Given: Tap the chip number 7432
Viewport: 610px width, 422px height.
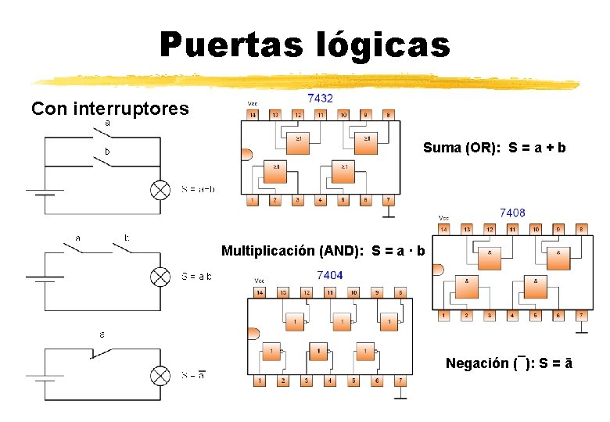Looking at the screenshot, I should click(x=320, y=98).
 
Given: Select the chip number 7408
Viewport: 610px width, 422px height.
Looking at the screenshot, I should click(x=512, y=212).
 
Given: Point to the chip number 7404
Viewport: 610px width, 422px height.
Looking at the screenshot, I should click(x=329, y=275).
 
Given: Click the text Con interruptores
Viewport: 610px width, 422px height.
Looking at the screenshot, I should click(x=109, y=109).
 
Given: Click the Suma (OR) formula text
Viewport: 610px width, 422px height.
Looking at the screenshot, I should click(x=494, y=147).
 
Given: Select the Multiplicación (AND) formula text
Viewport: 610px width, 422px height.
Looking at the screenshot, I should click(x=323, y=251).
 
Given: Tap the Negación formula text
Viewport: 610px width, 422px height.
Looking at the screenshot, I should click(x=508, y=363).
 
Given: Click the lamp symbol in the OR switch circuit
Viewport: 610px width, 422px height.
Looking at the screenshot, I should click(x=160, y=190).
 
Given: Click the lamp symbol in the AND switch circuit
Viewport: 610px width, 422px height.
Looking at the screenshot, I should click(x=160, y=277).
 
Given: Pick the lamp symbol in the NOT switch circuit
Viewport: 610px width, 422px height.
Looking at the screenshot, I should click(x=160, y=376).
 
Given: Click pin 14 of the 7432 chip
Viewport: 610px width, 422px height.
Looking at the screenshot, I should click(x=252, y=115).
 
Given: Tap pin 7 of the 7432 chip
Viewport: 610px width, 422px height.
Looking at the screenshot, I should click(x=387, y=201).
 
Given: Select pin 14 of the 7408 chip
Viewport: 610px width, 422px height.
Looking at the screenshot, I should click(x=443, y=230).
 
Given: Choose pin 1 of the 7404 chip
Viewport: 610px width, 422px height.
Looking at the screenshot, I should click(x=260, y=381).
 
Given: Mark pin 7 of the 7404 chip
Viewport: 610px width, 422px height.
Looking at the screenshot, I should click(x=400, y=381).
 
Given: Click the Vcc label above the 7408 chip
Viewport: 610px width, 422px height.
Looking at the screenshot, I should click(x=443, y=218).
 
